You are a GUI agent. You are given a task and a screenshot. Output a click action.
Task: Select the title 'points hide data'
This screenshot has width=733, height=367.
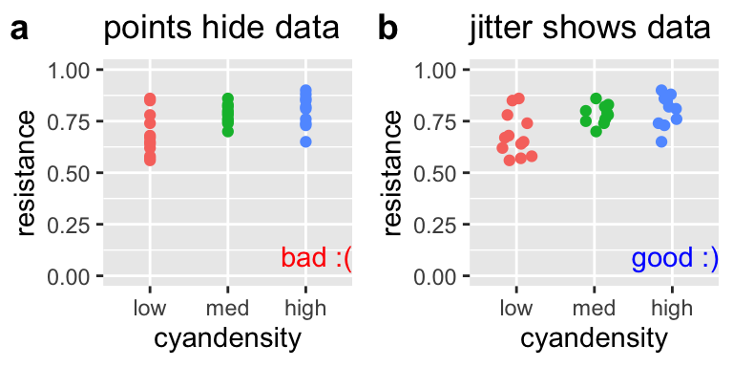[220, 29]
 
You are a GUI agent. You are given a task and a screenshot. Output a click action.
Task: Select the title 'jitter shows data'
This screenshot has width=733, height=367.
[590, 29]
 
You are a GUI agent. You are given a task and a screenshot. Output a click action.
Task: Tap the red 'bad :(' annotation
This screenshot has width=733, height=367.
[316, 258]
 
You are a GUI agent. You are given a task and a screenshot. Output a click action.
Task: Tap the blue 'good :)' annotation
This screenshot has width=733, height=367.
[675, 258]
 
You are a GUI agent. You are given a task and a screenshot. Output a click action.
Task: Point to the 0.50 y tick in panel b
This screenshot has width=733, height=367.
[438, 173]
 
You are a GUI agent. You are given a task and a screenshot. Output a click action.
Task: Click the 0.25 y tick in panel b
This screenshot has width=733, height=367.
[438, 225]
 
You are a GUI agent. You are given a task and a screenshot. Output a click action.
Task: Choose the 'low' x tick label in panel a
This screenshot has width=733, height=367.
[150, 308]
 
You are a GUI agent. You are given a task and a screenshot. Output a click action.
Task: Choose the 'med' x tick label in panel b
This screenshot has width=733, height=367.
[595, 308]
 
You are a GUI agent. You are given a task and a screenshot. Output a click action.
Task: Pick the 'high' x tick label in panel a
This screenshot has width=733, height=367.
[305, 308]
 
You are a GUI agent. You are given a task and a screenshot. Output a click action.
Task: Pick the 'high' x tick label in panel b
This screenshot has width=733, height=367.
[673, 308]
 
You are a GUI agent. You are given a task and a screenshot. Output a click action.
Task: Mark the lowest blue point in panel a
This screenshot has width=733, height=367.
[305, 141]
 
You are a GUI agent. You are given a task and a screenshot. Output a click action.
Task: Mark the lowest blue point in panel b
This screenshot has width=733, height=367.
[661, 141]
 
